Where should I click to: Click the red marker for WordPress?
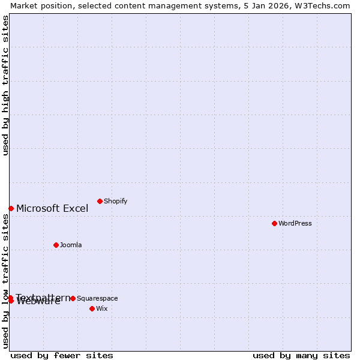pos(274,223)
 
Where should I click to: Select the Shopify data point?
pos(100,201)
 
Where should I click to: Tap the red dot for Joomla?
pos(56,245)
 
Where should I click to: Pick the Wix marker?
pos(92,308)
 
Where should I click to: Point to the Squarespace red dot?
pos(73,298)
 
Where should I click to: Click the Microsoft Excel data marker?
pos(11,208)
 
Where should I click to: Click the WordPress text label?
pos(295,223)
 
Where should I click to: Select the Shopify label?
pos(115,201)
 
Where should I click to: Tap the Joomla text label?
pos(71,245)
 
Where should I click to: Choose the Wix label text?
pos(102,308)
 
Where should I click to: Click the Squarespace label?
pos(97,298)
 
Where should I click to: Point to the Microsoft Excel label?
pos(52,209)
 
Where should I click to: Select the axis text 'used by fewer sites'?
pos(62,356)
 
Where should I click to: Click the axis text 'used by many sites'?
pos(301,356)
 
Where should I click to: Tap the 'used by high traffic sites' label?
pos(5,85)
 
